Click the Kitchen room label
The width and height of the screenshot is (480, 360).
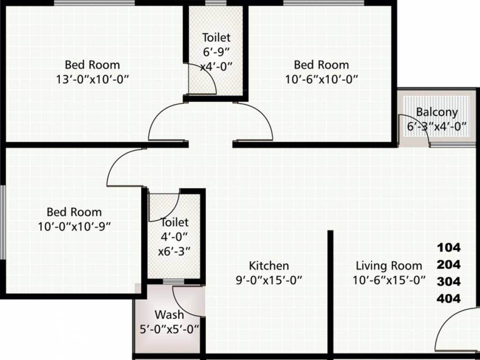(x=268, y=266)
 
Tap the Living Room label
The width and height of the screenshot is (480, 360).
(x=389, y=266)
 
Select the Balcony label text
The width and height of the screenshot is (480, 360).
(x=436, y=112)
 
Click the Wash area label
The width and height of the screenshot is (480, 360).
(x=169, y=314)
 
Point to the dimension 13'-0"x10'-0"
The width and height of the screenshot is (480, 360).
(x=92, y=79)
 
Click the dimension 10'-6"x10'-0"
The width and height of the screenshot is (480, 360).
(x=321, y=79)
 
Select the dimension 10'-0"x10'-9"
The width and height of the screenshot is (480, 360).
(x=74, y=226)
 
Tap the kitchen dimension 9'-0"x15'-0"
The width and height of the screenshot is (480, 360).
(x=269, y=280)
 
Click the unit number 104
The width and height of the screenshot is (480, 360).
(x=449, y=247)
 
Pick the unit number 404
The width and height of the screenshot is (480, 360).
(x=449, y=298)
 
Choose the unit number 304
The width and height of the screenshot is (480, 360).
(x=449, y=281)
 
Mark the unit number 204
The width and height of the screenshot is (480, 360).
(x=449, y=264)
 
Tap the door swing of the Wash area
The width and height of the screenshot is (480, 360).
(x=187, y=302)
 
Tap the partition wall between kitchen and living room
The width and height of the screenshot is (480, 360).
(x=330, y=291)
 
